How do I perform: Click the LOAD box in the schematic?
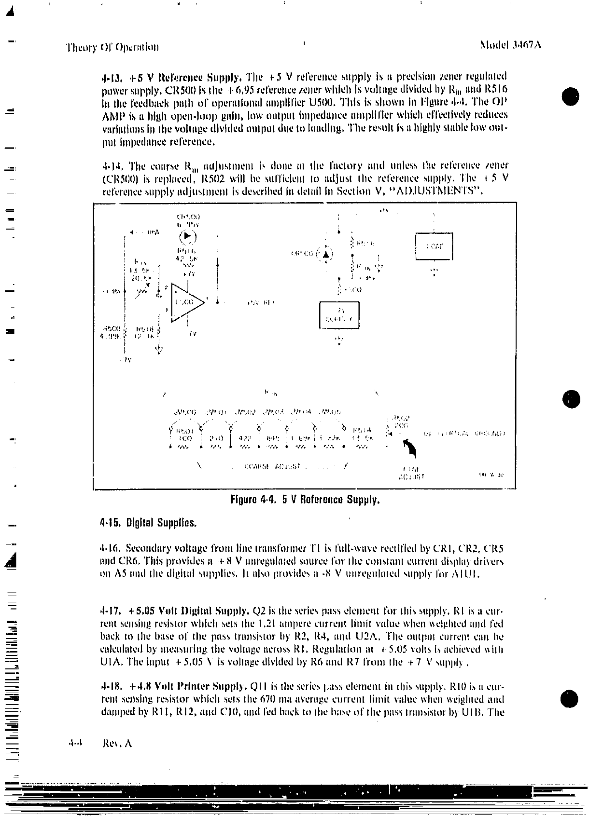click(x=434, y=246)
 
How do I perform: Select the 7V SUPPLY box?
click(x=339, y=314)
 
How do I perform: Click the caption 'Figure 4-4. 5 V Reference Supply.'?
click(x=306, y=500)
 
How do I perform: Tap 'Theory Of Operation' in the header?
click(x=112, y=47)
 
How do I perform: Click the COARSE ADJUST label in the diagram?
click(x=273, y=466)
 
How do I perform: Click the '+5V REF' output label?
click(x=261, y=303)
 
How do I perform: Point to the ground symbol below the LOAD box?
click(x=434, y=272)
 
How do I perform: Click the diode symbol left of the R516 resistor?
click(x=327, y=254)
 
